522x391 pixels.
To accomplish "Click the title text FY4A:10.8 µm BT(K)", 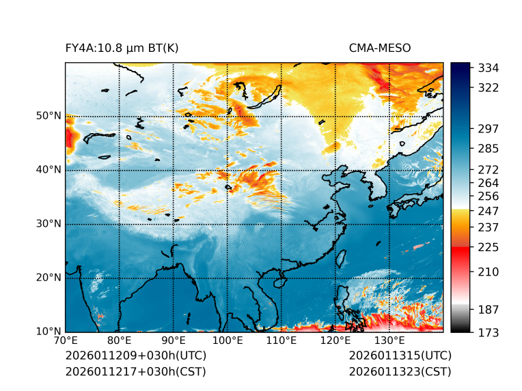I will click(122, 48).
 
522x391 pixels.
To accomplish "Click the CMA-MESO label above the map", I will click(379, 48).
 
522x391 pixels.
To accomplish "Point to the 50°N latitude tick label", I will click(49, 116).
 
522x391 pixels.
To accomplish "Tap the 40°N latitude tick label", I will click(49, 170).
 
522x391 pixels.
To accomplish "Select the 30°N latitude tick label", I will click(49, 224).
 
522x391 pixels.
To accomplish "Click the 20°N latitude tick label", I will click(49, 278).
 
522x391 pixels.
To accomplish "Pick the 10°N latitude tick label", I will click(49, 332).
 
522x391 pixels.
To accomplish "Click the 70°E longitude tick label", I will click(66, 341).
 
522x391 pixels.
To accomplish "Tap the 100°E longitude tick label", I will click(228, 341).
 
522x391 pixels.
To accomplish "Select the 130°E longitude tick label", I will click(389, 341).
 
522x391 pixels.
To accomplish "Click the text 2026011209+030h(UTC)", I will click(135, 356).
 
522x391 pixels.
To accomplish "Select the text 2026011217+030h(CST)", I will click(135, 371).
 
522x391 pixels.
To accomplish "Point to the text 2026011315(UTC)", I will click(400, 356).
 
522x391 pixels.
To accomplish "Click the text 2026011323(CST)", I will click(400, 371).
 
